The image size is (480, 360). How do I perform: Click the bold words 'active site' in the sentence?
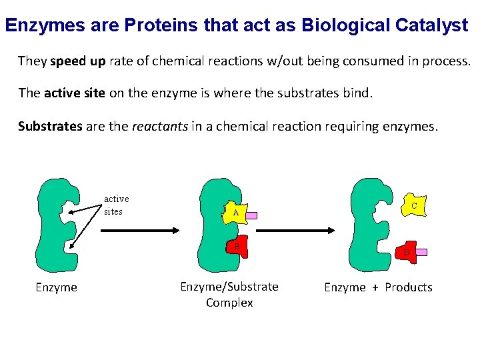click(x=75, y=93)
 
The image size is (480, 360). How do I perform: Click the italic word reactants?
click(x=161, y=125)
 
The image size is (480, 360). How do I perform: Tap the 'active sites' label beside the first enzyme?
click(x=116, y=205)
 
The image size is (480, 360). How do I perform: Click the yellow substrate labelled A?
click(x=235, y=213)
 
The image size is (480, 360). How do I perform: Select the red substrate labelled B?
click(x=237, y=247)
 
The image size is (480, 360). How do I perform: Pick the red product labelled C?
click(x=414, y=206)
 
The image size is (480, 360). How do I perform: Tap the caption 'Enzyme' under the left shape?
click(x=56, y=287)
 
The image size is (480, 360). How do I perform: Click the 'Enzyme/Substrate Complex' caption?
click(x=229, y=294)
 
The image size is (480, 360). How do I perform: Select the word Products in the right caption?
click(x=409, y=287)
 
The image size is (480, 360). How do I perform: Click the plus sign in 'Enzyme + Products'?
click(x=375, y=287)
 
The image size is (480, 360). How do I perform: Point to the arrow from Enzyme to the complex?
click(x=140, y=231)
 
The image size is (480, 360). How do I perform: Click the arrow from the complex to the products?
click(x=295, y=231)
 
